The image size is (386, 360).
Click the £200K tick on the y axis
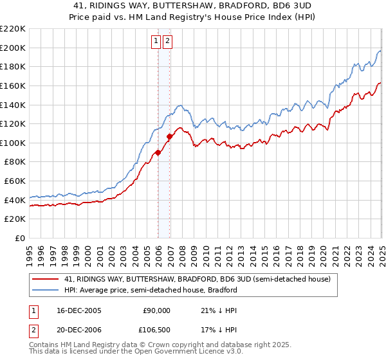pos(13,48)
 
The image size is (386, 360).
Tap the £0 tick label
pos(21,239)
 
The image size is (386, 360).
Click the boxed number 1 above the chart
pos(156,42)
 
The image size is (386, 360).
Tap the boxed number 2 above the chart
pos(167,42)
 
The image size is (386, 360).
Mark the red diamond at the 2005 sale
pos(158,152)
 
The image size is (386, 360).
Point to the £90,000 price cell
pos(156,310)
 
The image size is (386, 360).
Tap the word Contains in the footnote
pos(45,345)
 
